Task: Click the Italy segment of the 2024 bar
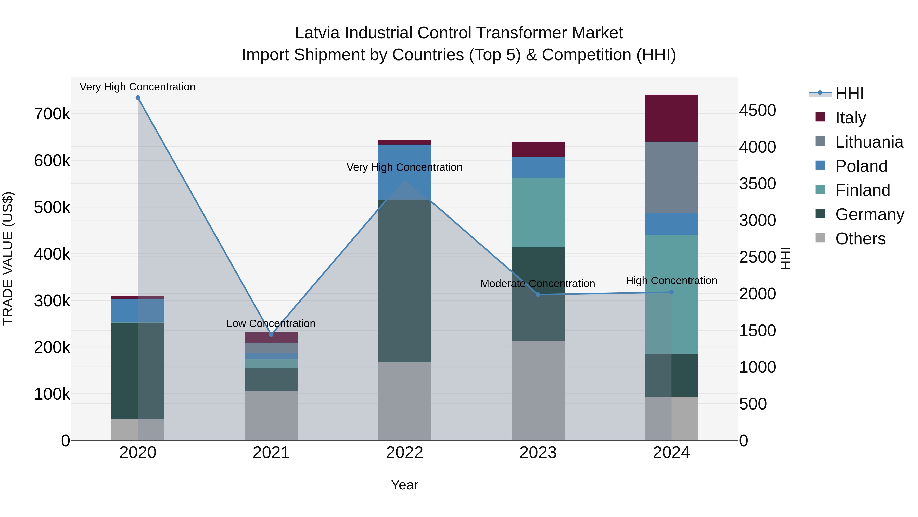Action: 671,118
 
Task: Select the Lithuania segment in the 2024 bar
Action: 671,177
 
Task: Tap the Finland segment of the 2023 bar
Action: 538,212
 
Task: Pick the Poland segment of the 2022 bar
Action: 404,172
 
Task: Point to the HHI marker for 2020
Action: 138,98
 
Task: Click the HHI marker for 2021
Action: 271,335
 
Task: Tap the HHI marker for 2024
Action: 671,292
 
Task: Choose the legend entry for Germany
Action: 870,214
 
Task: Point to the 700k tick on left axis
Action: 52,114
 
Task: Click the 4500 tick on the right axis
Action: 757,110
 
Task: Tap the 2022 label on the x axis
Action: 404,453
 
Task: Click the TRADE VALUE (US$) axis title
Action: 8,258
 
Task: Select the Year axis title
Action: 404,485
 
